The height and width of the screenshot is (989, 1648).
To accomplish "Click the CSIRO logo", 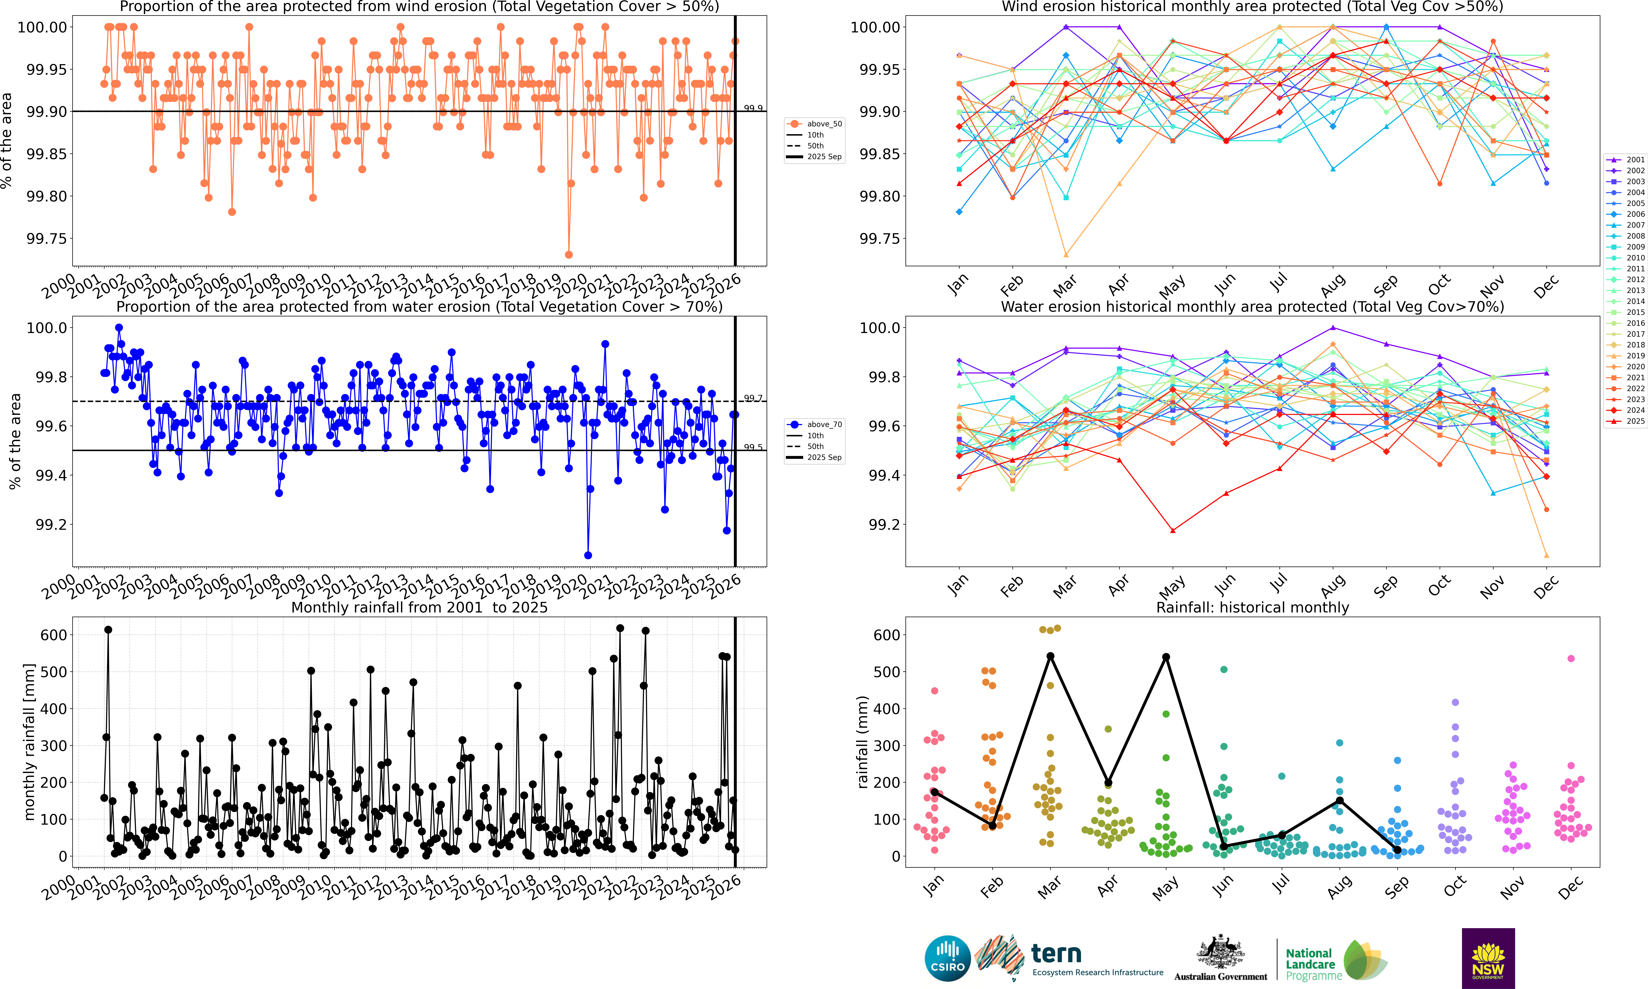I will [947, 958].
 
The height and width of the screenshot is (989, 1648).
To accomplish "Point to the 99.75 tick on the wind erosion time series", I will [47, 239].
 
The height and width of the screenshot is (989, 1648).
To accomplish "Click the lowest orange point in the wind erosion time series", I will [568, 255].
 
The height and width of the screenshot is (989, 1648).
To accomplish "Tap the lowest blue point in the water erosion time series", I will [588, 555].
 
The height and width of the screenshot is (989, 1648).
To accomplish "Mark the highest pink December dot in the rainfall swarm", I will [1571, 658].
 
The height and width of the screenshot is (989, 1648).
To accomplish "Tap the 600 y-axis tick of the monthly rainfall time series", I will [53, 635].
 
